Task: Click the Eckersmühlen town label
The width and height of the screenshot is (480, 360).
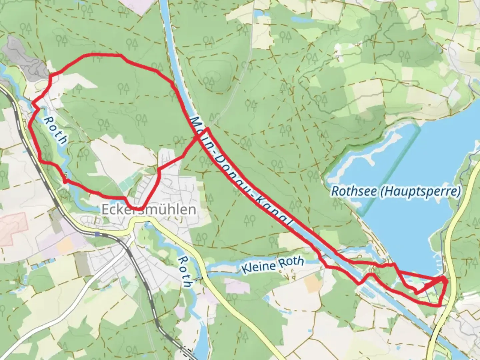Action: point(149,210)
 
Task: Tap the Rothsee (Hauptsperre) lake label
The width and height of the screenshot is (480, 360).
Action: point(396,192)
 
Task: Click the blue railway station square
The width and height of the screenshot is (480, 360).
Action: point(97,234)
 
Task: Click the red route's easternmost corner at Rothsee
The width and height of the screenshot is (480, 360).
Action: point(446,282)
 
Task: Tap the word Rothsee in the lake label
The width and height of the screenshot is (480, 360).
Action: point(354,192)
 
